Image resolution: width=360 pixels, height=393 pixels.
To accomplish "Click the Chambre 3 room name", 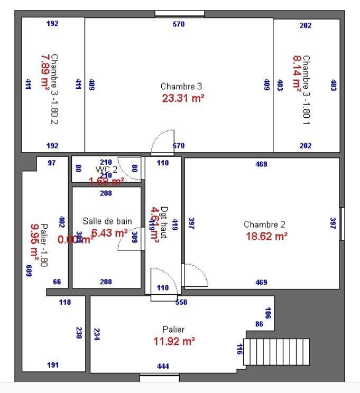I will (x=181, y=86).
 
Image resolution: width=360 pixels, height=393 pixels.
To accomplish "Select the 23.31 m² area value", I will (x=182, y=98).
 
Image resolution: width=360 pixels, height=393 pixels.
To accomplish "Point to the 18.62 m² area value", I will (x=266, y=236).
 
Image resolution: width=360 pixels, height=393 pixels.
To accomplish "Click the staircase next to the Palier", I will (x=277, y=352).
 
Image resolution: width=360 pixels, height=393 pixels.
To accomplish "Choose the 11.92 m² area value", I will (x=174, y=341).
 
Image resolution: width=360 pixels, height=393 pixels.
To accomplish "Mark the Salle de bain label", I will (x=107, y=221).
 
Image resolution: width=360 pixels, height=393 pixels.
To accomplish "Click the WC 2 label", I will (x=106, y=169).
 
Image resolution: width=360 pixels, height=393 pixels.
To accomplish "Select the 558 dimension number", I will (x=181, y=303).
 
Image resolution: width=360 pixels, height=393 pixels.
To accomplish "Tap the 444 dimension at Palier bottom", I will (x=163, y=366).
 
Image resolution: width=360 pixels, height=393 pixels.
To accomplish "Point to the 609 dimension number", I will (x=29, y=271).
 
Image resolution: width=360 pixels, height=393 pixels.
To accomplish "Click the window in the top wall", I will (x=179, y=14).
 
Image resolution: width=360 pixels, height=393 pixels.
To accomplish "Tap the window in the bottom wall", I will (x=159, y=377).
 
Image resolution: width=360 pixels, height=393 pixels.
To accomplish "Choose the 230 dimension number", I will (x=79, y=333).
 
